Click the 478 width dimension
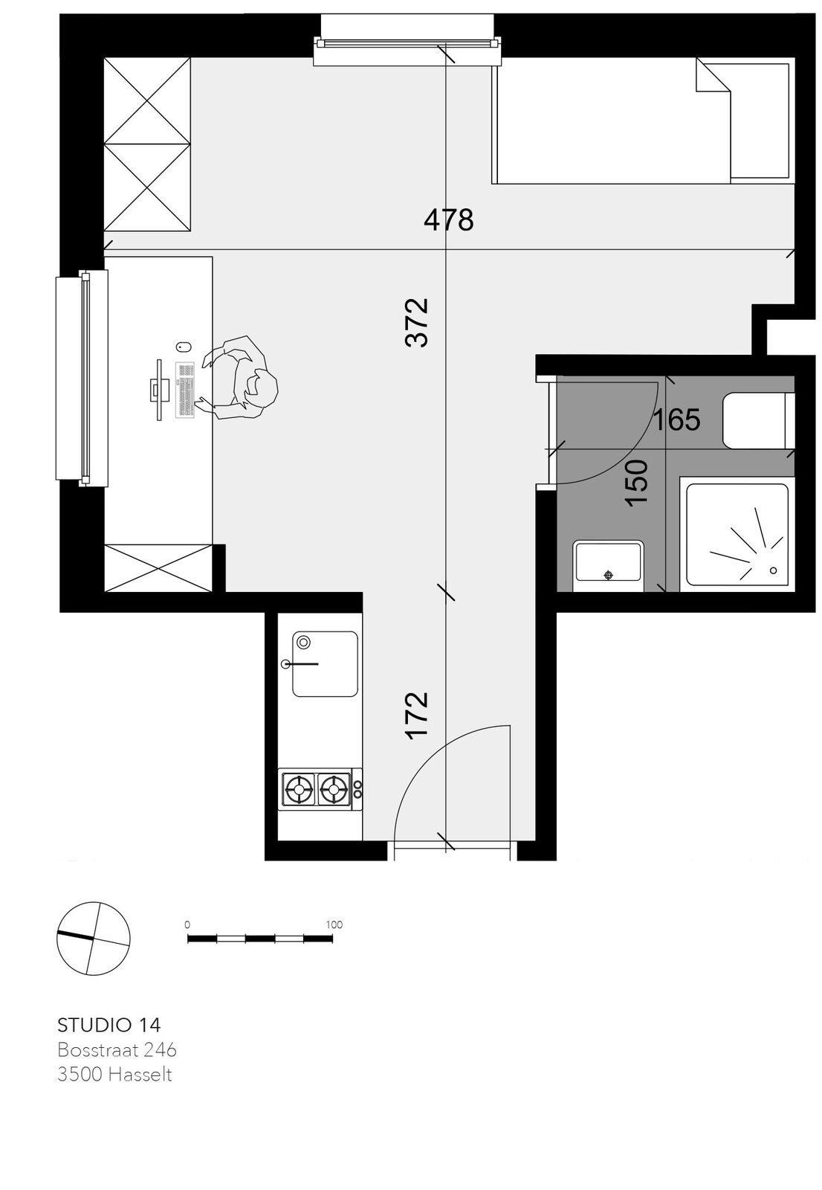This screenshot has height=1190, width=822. pyautogui.click(x=449, y=219)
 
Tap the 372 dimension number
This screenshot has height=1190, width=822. pyautogui.click(x=417, y=323)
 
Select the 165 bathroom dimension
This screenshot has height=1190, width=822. pyautogui.click(x=676, y=419)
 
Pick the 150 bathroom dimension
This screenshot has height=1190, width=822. pyautogui.click(x=636, y=483)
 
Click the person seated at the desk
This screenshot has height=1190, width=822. pyautogui.click(x=239, y=379)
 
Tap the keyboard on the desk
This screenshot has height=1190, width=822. pyautogui.click(x=185, y=389)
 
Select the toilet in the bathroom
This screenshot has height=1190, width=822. pyautogui.click(x=758, y=421)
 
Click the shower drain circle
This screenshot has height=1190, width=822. pyautogui.click(x=773, y=570)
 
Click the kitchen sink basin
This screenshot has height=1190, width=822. pyautogui.click(x=325, y=664)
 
